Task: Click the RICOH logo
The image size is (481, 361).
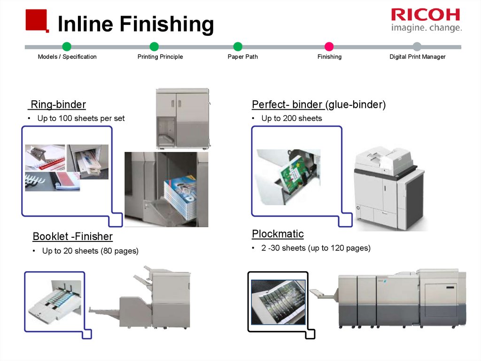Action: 426,15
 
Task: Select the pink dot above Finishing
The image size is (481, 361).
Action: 329,47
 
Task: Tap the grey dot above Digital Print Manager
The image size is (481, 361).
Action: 417,47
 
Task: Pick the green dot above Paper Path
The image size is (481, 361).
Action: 238,47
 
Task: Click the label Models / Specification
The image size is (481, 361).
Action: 67,57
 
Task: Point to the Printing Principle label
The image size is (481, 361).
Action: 160,57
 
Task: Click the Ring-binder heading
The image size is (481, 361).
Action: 58,104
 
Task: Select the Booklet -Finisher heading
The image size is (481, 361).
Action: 73,236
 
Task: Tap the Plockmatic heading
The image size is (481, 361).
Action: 278,234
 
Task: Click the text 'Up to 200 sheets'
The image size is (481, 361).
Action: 292,118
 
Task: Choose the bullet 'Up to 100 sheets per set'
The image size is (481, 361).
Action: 81,118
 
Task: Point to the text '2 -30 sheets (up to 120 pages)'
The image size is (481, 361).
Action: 316,248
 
